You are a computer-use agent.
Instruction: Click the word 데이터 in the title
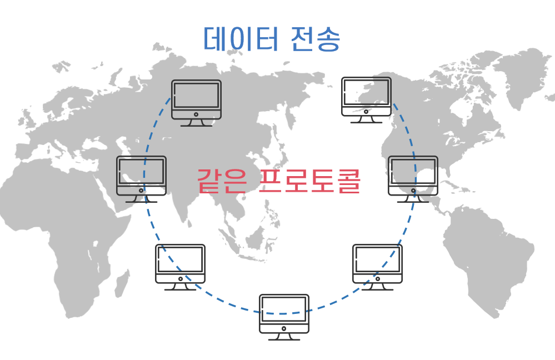pos(240,39)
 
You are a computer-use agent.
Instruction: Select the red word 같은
pos(221,181)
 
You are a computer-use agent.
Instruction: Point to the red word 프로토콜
pos(310,181)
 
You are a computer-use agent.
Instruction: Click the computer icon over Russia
pos(196,100)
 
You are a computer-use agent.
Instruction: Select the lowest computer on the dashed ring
pos(284,314)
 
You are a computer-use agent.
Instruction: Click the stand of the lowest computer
pos(284,337)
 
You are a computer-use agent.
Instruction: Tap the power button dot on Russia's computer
pos(196,114)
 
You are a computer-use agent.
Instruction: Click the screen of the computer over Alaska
pos(366,92)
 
